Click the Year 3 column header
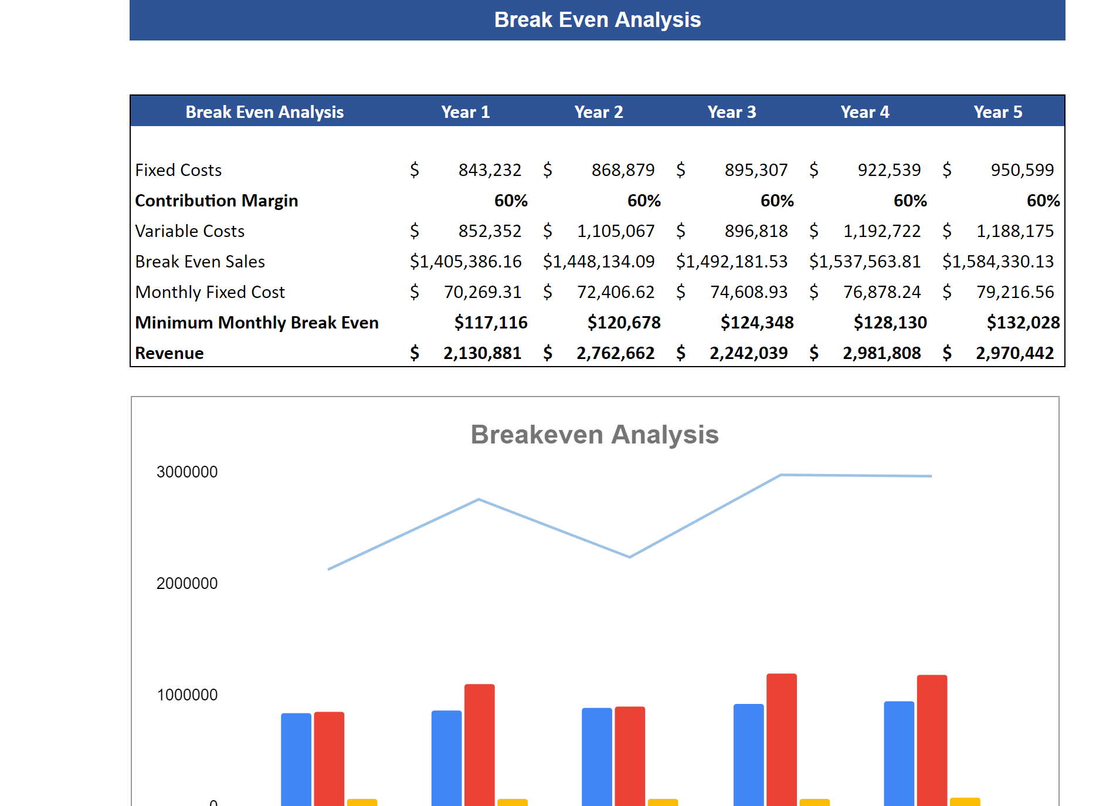[731, 112]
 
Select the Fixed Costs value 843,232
[490, 170]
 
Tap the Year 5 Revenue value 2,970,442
[1014, 353]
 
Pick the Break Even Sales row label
[200, 262]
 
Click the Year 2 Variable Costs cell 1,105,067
[615, 231]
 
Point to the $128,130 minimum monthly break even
[890, 323]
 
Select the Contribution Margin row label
[216, 201]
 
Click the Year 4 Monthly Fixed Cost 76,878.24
[881, 292]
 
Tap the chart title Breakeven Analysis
[594, 435]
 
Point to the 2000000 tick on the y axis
[187, 583]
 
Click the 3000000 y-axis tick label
[187, 472]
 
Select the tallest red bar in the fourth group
[781, 739]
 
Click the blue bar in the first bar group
[296, 759]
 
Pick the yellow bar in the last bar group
[965, 802]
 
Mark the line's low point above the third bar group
[630, 557]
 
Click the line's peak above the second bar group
[479, 500]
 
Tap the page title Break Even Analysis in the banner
[597, 20]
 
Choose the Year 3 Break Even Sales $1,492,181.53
[731, 262]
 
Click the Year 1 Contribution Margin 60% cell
[510, 201]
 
